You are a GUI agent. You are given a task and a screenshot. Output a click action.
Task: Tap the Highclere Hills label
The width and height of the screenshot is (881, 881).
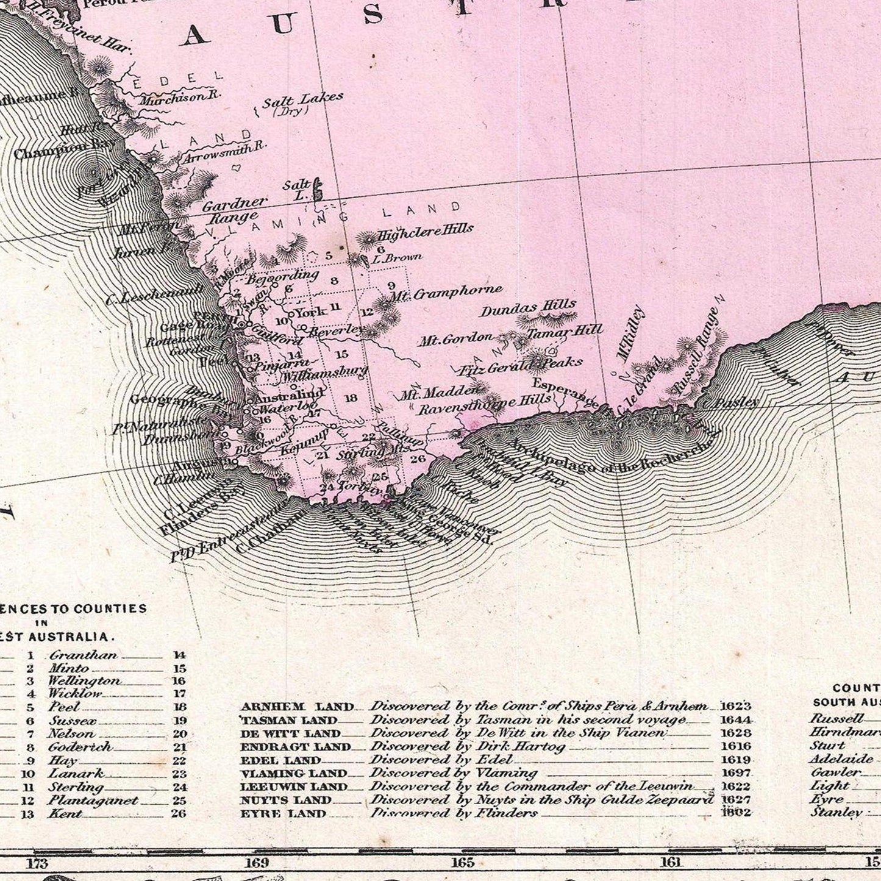426,232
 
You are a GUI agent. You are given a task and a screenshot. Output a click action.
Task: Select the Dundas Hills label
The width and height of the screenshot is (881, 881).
528,308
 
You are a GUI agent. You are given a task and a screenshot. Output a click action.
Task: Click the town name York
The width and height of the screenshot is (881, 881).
310,313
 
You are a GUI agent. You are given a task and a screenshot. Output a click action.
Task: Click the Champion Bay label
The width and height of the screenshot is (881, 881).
57,149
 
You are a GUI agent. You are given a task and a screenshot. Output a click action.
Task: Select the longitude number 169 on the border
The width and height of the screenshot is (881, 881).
257,863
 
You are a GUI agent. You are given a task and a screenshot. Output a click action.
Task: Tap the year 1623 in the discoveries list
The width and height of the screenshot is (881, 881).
735,706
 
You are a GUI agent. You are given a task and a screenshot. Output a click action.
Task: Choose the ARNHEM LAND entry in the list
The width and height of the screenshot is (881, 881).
297,707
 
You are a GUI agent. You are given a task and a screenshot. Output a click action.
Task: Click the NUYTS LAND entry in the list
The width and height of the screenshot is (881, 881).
294,800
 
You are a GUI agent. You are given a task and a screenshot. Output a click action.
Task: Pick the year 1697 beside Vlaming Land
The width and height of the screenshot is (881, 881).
735,773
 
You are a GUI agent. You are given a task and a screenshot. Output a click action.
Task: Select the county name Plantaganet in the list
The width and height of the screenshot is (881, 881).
93,801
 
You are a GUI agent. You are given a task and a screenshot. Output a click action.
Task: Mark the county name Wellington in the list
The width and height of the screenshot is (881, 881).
84,680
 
